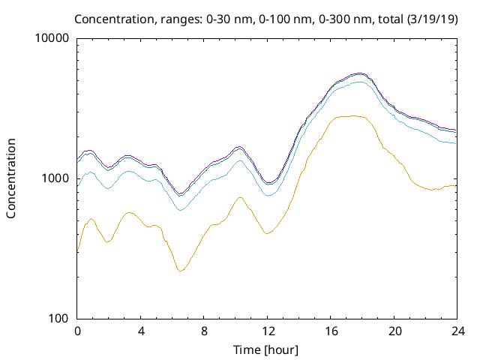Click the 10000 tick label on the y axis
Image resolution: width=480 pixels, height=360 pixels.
coord(53,38)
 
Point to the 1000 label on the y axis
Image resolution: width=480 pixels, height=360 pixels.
coord(56,178)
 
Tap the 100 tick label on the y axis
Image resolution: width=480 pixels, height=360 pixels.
coord(59,318)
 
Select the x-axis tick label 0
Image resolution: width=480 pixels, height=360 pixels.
coord(77,331)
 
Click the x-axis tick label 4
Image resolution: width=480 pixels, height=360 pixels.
coord(140,331)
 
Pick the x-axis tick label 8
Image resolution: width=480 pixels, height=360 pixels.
coord(204,331)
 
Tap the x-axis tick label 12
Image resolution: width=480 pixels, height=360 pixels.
coord(267,331)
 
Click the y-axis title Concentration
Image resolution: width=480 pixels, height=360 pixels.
coord(11,178)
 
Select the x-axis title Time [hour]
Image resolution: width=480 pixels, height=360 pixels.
coord(267,349)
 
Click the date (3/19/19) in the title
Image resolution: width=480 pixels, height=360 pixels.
coord(433,18)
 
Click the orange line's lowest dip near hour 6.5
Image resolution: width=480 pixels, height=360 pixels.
coord(180,271)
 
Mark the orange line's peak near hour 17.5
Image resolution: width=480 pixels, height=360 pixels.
coord(354,115)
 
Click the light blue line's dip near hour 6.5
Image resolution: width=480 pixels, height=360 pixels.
coord(180,210)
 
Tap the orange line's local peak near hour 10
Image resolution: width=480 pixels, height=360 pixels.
coord(240,197)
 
